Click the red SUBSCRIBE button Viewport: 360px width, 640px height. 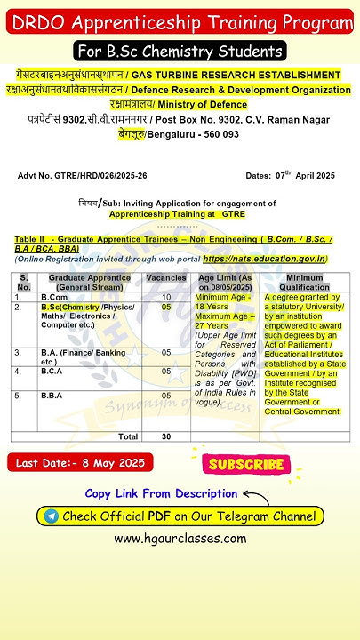click(246, 464)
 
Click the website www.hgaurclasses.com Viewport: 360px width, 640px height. click(180, 539)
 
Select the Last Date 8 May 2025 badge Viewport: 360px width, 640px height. click(69, 463)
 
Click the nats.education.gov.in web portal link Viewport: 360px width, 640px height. click(264, 259)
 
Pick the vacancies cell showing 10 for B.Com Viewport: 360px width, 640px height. click(166, 296)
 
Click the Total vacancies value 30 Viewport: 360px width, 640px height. click(166, 436)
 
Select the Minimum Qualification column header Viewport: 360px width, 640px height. click(303, 282)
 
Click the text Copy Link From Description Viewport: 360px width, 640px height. click(161, 493)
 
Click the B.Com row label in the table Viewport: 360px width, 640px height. click(55, 296)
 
